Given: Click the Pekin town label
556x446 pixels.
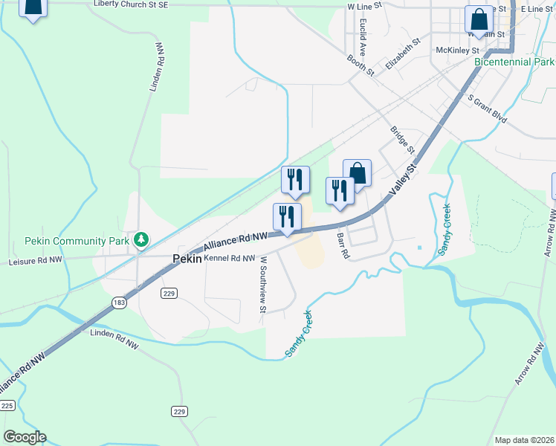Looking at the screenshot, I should pos(187,259).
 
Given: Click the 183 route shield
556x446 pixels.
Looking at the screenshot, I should pos(120,302).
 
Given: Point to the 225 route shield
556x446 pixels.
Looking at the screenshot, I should pos(7,405).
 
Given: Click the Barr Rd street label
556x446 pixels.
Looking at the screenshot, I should pos(343,245).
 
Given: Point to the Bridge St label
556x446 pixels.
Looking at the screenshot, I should pos(401,140).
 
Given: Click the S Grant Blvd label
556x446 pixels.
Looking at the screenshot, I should pos(487,108).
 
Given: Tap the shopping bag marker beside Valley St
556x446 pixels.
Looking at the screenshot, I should pos(357,174).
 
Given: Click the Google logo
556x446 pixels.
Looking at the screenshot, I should pos(25,437).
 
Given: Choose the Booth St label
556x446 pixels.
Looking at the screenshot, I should pos(360,65).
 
